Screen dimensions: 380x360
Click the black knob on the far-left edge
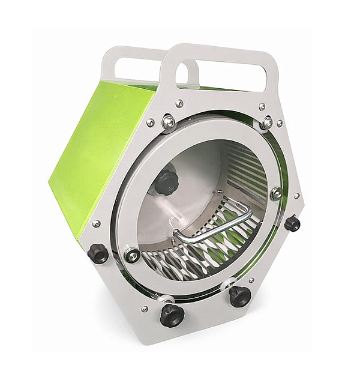pos(98,253)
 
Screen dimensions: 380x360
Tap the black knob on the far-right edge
pos(292,223)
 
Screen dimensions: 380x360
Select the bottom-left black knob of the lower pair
pos(172,315)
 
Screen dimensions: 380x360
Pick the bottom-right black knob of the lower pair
pos(239,296)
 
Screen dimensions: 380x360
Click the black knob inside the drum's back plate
pos(166,182)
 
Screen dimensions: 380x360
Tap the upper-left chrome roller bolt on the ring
pos(169,122)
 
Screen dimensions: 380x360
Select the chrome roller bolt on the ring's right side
pos(276,193)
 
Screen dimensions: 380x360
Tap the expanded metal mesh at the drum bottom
pos(198,255)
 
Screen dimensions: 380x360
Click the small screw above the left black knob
pos(96,223)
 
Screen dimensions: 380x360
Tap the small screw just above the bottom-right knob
pos(251,280)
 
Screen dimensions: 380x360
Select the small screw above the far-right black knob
pos(296,196)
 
